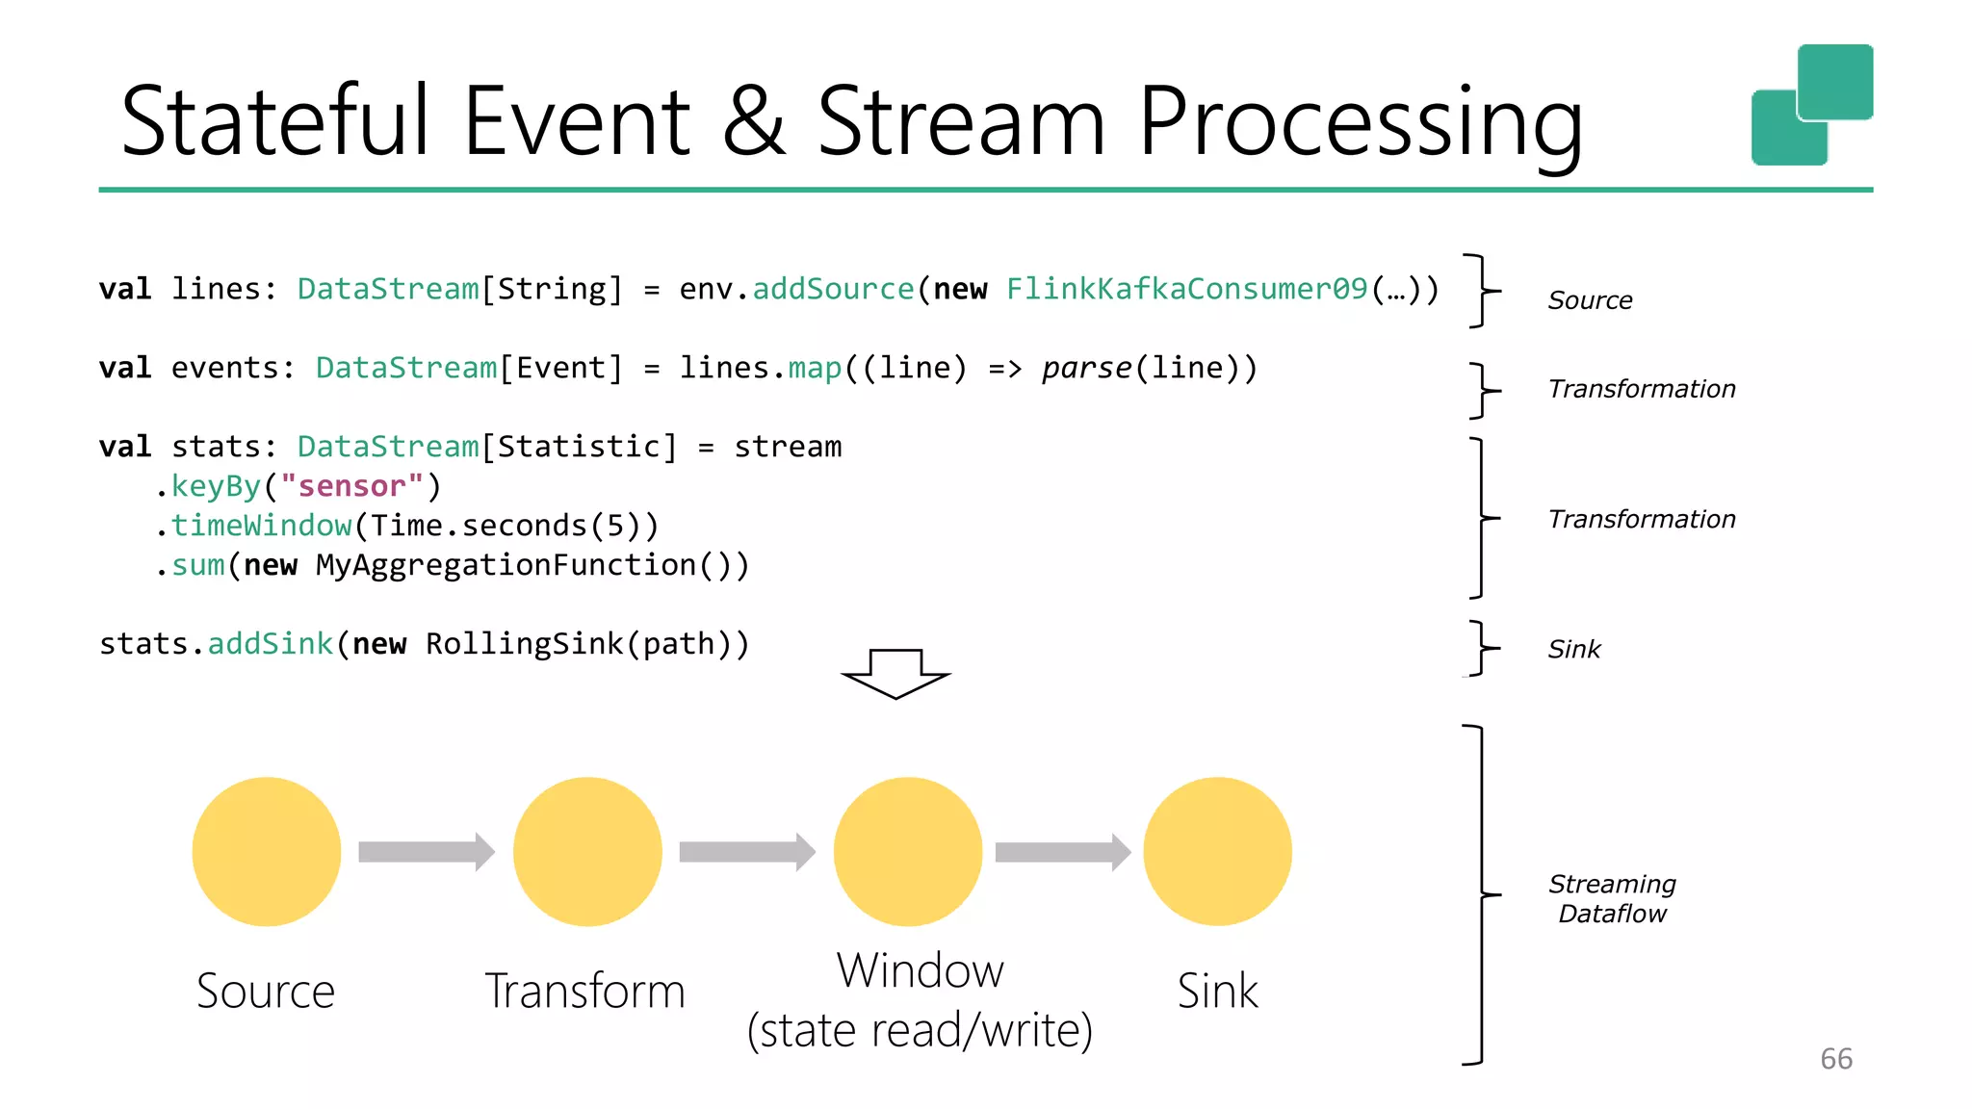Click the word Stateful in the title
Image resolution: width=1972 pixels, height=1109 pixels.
click(x=275, y=121)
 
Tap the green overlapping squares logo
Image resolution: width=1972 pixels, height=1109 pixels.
click(x=1811, y=105)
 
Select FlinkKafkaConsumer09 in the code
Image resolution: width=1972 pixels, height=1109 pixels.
click(x=1186, y=289)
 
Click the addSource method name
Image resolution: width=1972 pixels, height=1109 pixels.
click(x=833, y=289)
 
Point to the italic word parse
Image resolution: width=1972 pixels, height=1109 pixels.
click(x=1086, y=368)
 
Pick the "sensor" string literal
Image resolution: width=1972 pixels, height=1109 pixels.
click(x=351, y=486)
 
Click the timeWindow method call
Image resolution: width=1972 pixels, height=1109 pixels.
click(x=261, y=526)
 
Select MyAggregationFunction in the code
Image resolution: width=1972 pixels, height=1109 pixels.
click(x=506, y=565)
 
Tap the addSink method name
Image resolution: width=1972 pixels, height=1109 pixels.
click(x=271, y=644)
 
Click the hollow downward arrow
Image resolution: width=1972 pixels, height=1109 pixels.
click(x=895, y=673)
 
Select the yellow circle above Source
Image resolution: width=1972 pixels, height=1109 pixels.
click(x=267, y=851)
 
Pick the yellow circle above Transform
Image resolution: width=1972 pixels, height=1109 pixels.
click(x=587, y=851)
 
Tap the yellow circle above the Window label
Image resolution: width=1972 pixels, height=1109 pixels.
click(x=908, y=851)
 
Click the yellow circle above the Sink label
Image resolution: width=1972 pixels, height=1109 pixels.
click(x=1217, y=851)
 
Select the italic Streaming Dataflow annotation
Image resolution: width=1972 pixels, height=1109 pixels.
click(x=1612, y=898)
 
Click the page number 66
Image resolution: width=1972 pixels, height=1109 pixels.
click(x=1836, y=1059)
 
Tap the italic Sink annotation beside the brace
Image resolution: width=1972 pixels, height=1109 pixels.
click(x=1574, y=650)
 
